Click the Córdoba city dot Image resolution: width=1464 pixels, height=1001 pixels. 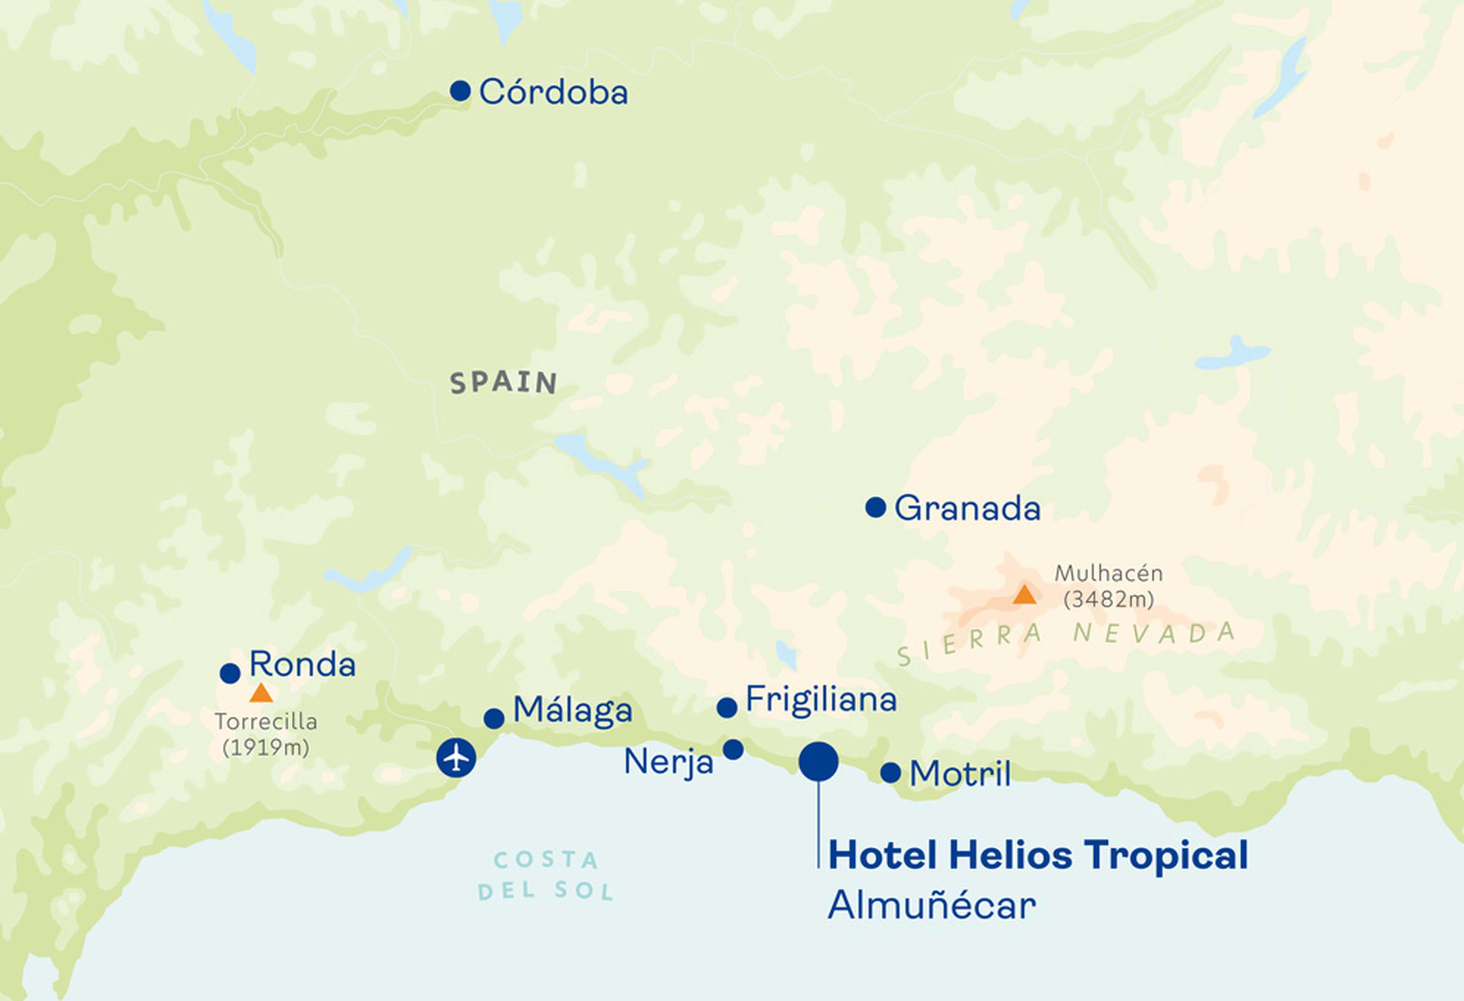(x=461, y=91)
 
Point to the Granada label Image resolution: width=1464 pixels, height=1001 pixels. (x=967, y=509)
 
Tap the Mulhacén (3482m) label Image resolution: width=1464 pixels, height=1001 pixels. (x=1109, y=586)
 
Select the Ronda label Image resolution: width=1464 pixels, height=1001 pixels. (x=302, y=664)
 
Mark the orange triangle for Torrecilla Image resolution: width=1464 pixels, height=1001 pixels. (x=261, y=694)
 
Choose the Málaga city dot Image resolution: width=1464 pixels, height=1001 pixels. (x=494, y=718)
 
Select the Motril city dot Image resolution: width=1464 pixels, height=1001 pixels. (x=890, y=772)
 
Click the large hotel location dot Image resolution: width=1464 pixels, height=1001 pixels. (x=818, y=761)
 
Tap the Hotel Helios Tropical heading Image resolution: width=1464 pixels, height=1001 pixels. (x=1037, y=855)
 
